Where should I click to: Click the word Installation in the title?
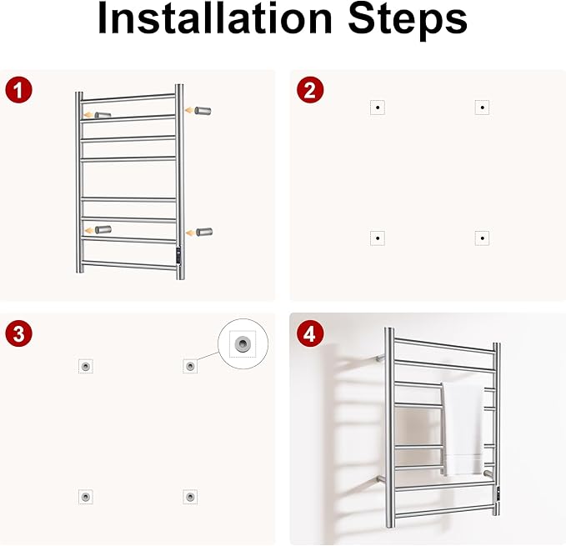pos(214,18)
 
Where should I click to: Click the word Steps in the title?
pos(408,21)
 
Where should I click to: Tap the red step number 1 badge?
pos(19,90)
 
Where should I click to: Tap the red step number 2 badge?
pos(310,90)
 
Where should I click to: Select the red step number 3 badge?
pos(19,333)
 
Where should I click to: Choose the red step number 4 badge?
pos(310,333)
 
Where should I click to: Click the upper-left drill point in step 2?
pos(378,108)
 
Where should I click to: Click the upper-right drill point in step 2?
pos(483,108)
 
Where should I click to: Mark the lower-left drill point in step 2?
pos(378,238)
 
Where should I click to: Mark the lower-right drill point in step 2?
pos(483,238)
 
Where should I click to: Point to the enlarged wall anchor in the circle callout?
pos(243,343)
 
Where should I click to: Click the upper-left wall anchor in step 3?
pos(86,366)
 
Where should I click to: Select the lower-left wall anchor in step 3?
pos(86,497)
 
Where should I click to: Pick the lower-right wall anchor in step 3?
pos(190,497)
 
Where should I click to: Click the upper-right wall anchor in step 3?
pos(190,366)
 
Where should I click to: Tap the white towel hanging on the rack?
pos(463,428)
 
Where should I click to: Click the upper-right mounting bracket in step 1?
pos(203,111)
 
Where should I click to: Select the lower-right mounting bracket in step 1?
pos(204,232)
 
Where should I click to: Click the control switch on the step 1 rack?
pos(178,255)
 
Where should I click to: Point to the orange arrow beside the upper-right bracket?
pos(189,110)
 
